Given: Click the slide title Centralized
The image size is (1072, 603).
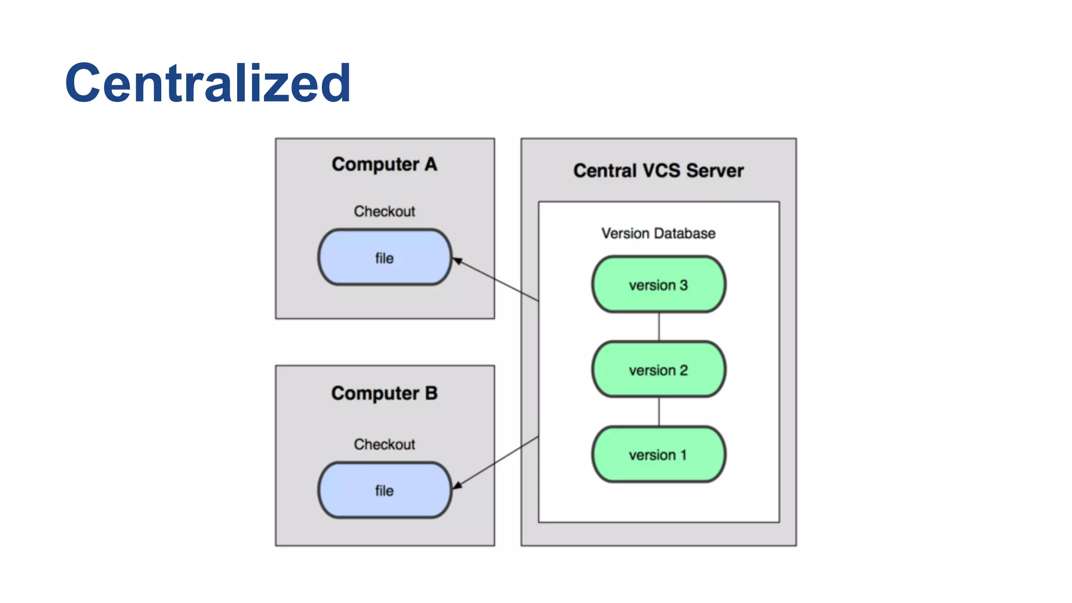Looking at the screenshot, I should point(207,83).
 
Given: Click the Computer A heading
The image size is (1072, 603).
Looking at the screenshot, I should point(384,164).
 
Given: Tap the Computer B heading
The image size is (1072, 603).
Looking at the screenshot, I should point(384,393).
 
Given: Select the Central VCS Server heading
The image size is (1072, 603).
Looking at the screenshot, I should point(658,171).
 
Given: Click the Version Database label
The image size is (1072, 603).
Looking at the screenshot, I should point(658,233).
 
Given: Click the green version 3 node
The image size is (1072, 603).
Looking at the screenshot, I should point(658,284).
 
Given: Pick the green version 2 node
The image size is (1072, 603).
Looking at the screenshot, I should point(658,370).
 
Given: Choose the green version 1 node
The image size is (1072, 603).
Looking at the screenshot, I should point(658,454).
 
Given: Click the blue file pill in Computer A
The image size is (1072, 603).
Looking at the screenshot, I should point(384,258).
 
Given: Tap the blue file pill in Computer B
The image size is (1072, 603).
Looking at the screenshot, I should point(384,490).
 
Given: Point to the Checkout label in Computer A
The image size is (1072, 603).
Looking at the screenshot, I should point(384,211).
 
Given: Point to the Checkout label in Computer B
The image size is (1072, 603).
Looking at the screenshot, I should point(384,444).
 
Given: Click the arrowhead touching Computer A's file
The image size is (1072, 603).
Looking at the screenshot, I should point(457,261).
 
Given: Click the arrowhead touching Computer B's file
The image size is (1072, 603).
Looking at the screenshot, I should point(457,485).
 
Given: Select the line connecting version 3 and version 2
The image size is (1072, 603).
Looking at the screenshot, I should point(658,327).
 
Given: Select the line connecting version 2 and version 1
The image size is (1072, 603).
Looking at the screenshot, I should point(658,411).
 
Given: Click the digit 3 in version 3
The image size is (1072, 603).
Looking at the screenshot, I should point(684,285).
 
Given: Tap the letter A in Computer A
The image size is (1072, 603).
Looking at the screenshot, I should point(431,164).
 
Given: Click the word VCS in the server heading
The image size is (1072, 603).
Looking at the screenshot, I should point(661,171).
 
